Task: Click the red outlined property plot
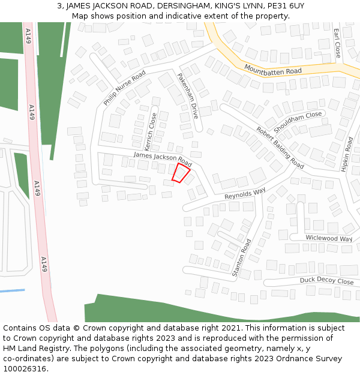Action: (x=181, y=173)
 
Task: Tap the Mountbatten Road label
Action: (x=272, y=70)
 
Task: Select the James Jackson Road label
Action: (x=163, y=159)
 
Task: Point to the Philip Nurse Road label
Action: (x=124, y=88)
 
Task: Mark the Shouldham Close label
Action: (x=298, y=122)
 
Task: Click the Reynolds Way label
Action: (x=245, y=194)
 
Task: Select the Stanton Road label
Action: (x=242, y=258)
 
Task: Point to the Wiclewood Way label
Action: (x=329, y=238)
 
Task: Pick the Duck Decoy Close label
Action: (x=326, y=281)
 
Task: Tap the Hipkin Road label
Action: (x=347, y=155)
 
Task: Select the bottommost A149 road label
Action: (x=44, y=264)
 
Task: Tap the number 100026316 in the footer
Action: (x=25, y=369)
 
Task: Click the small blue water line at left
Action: (x=12, y=291)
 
